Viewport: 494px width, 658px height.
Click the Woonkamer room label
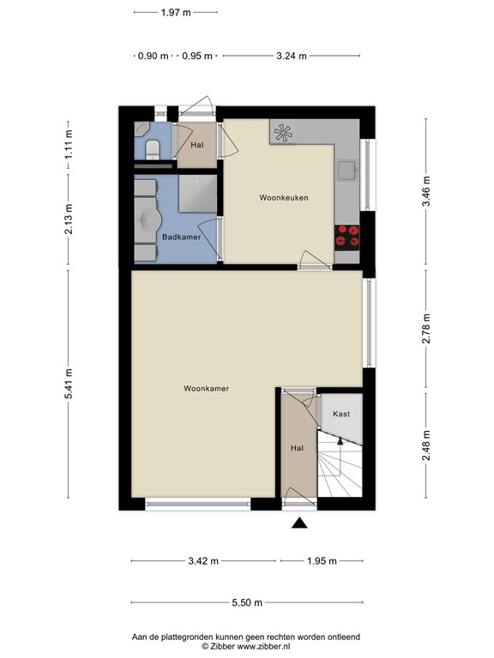206,388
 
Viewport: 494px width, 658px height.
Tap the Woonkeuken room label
284,198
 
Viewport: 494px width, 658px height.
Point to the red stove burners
347,235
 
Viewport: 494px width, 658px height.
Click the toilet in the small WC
152,151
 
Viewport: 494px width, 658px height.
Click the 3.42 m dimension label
202,561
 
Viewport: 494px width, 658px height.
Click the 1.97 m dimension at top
176,13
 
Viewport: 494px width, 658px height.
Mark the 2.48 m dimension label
426,445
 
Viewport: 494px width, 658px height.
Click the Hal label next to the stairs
297,448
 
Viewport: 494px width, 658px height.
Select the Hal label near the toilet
196,144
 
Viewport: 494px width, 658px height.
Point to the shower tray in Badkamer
198,193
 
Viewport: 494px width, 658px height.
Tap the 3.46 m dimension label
426,195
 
